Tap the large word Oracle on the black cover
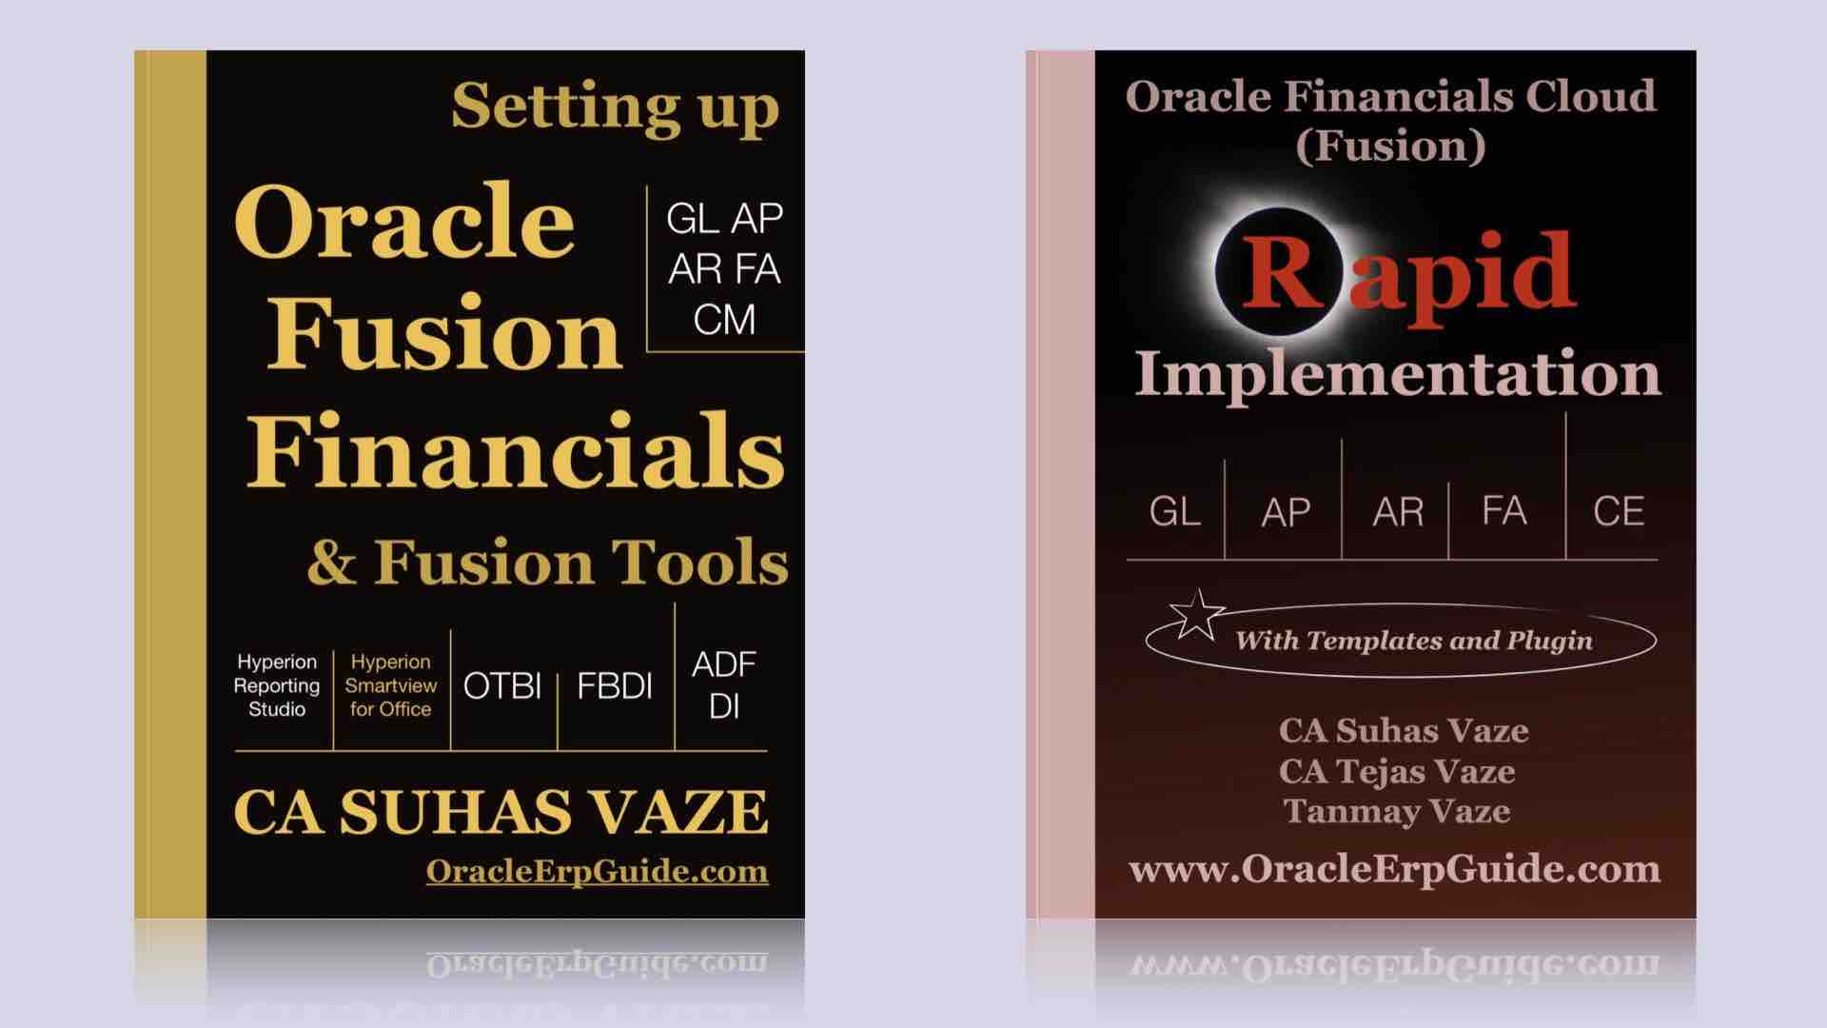[404, 221]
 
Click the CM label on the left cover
[724, 320]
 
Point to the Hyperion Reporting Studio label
[277, 685]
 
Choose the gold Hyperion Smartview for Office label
[390, 685]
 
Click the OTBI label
[502, 686]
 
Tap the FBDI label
[615, 686]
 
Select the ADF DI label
[724, 685]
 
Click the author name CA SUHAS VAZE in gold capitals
[501, 812]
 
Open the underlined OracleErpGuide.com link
[597, 871]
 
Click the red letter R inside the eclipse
[1282, 271]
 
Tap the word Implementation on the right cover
[1397, 373]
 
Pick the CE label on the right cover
[1619, 512]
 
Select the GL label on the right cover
[1175, 512]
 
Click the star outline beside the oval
[1196, 614]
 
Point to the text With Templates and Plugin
[1414, 641]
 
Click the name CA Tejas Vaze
[1397, 771]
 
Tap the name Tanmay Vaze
[1397, 811]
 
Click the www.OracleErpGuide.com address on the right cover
[1395, 869]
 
